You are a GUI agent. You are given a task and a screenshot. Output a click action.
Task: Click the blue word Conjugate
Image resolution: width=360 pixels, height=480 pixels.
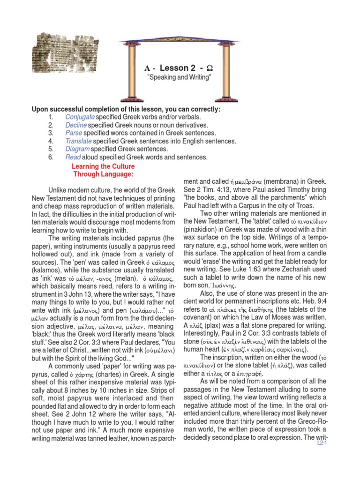80,117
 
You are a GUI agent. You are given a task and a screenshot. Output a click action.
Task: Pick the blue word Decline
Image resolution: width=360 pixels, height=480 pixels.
76,125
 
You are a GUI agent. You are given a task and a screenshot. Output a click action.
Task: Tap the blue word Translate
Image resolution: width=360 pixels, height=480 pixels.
78,141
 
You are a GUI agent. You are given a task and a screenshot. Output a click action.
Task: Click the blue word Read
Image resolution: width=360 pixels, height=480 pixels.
73,157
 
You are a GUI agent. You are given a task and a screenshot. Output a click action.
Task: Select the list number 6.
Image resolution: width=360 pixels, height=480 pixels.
51,157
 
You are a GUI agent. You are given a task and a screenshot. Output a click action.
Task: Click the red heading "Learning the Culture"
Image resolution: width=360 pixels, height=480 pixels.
103,166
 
